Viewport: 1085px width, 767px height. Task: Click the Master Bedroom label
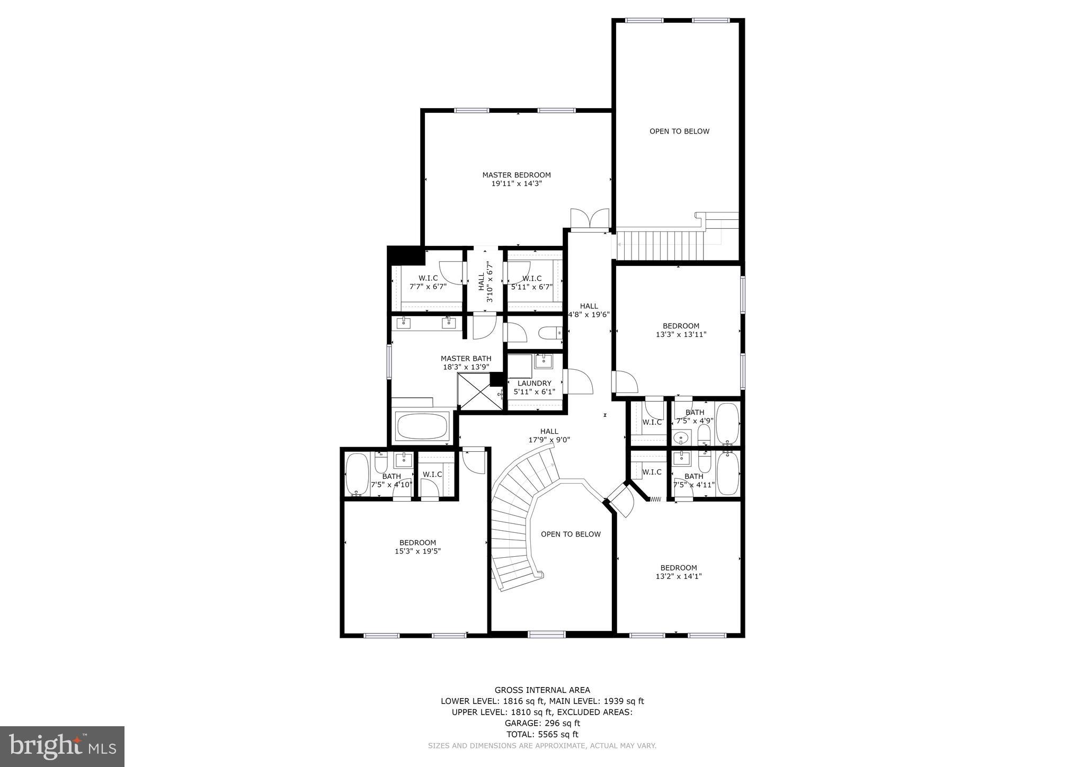[x=516, y=175]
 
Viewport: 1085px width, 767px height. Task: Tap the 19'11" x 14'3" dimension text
[x=516, y=184]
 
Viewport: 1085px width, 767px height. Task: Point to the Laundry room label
[x=534, y=383]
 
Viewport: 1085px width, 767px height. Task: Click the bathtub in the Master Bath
[x=422, y=426]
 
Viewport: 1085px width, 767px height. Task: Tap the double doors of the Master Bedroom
[x=590, y=219]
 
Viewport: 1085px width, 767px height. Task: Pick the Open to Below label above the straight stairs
[x=679, y=131]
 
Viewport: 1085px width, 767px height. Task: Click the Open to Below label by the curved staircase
[x=571, y=534]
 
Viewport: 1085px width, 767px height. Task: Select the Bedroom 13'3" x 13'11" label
[x=681, y=330]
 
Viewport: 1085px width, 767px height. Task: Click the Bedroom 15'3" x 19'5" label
[x=417, y=547]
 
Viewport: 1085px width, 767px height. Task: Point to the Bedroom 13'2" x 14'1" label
[x=678, y=572]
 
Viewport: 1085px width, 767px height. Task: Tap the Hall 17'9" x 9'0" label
[x=549, y=435]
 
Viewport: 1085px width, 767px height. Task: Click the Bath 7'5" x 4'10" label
[x=392, y=480]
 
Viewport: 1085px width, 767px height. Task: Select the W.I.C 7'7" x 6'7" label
[x=428, y=282]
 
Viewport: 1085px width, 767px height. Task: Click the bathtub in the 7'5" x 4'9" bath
[x=727, y=424]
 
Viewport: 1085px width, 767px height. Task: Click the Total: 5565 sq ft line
[x=542, y=734]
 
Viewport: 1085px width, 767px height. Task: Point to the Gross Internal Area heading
[x=542, y=690]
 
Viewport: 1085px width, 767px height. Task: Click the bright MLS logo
[x=62, y=746]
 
